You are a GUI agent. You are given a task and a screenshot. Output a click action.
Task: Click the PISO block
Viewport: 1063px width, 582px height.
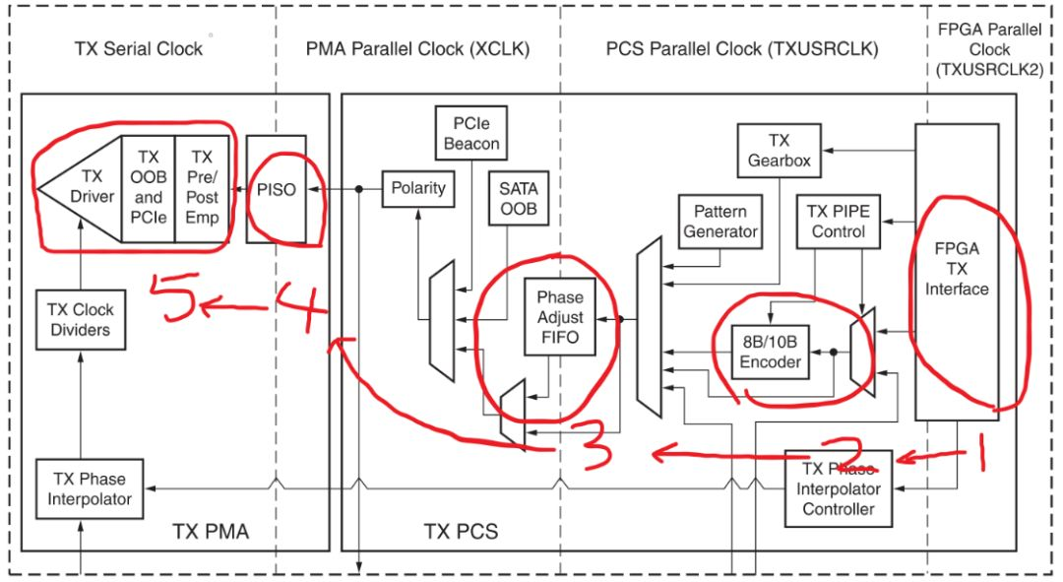276,189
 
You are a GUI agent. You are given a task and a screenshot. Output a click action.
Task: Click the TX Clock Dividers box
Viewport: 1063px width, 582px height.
79,318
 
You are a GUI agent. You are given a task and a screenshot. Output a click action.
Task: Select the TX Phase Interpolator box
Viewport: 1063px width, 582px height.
84,488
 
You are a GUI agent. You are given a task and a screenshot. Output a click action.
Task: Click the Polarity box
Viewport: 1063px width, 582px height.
418,188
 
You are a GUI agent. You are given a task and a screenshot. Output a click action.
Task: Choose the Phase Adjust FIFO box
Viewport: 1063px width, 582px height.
559,318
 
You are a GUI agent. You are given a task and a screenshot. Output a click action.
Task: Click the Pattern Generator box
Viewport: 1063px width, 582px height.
720,222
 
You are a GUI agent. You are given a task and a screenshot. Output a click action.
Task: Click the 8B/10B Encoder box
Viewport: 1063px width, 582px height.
772,351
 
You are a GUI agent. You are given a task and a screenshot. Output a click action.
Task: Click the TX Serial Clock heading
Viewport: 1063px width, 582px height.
138,48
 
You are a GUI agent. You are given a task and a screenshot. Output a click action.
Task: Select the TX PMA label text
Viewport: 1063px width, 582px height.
211,532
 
